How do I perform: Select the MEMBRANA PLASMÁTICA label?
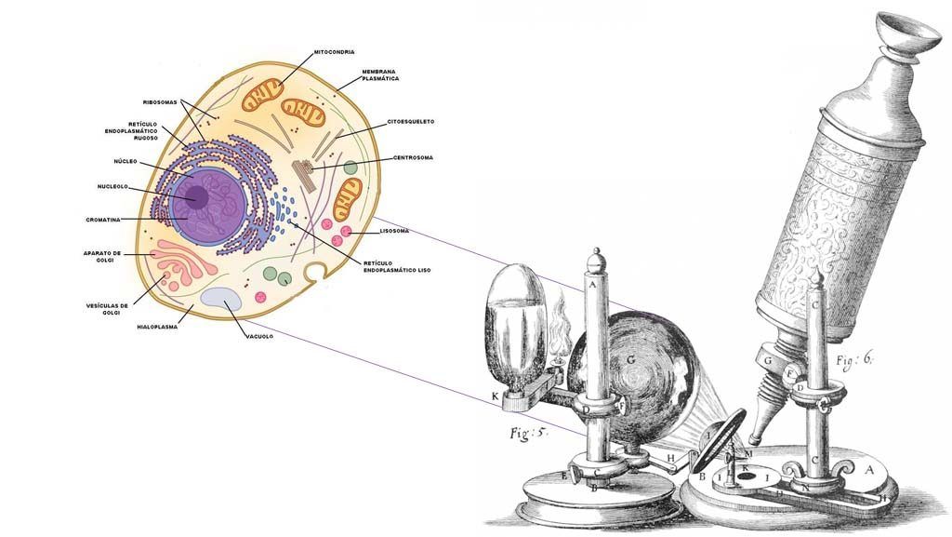click(x=381, y=74)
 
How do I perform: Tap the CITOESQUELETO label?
click(x=411, y=122)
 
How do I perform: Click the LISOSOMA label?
click(x=394, y=231)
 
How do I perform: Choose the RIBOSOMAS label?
click(x=160, y=101)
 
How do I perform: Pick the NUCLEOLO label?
click(x=112, y=186)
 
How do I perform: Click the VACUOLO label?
click(x=258, y=336)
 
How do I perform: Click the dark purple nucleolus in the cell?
click(x=195, y=197)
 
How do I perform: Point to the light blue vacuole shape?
click(x=220, y=300)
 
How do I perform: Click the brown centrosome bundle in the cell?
click(x=304, y=173)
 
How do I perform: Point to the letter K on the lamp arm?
click(x=496, y=396)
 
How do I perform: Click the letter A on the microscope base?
click(x=870, y=470)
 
